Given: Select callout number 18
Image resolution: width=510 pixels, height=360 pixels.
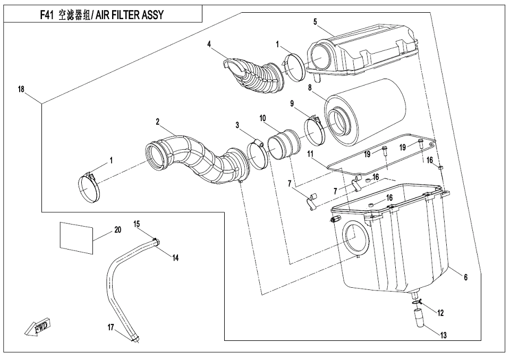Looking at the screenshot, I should (x=21, y=90).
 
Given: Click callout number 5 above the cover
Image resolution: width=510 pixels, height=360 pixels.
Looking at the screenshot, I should (x=315, y=22).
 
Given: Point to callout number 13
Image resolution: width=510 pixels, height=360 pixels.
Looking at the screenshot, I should (x=443, y=336).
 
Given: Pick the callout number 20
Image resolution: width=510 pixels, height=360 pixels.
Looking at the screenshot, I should (x=117, y=230).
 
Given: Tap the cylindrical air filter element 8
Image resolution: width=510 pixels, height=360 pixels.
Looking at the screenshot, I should (x=367, y=112).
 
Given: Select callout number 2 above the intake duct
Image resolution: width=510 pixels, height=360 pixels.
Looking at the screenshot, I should (x=158, y=122).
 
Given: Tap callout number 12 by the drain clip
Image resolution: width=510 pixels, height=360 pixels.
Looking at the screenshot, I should (x=440, y=313).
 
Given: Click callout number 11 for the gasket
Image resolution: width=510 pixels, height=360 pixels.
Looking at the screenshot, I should (x=310, y=154).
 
